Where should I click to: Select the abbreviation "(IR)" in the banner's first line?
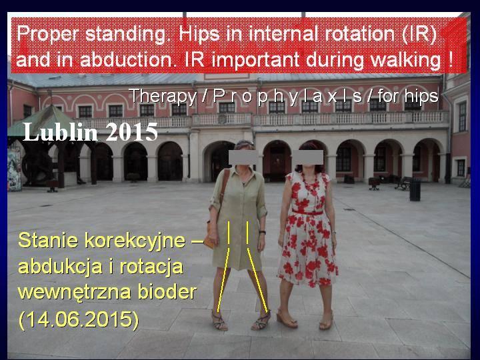point(419,34)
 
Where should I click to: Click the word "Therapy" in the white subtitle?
point(163,97)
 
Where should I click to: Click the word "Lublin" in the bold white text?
point(61,132)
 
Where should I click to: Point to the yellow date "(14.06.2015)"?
point(79,320)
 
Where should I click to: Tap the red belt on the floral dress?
point(307,212)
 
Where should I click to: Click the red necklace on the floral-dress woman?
point(310,184)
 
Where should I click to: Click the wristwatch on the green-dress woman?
point(262,233)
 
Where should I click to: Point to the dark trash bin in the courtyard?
point(415,190)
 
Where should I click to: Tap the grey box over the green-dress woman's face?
point(243,157)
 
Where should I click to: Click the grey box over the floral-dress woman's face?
point(308,157)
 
